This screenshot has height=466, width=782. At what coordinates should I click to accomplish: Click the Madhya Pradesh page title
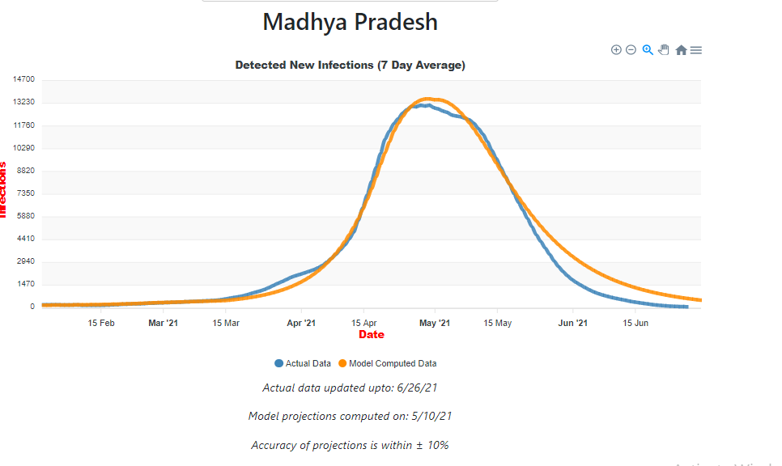click(x=350, y=23)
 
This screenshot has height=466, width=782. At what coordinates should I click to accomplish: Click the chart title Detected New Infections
click(x=350, y=65)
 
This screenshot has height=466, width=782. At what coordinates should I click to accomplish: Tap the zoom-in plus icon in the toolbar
click(x=616, y=50)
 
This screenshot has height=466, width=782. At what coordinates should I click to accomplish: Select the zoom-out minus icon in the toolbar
click(x=631, y=50)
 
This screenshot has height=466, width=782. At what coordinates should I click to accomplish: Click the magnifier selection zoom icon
click(x=648, y=50)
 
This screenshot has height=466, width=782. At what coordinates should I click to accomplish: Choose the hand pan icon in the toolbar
click(x=664, y=50)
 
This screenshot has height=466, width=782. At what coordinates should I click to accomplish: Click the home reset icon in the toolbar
click(x=681, y=50)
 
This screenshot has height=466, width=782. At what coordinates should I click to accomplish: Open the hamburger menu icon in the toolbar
click(x=696, y=50)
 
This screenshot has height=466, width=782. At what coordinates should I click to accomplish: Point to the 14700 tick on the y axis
click(x=23, y=79)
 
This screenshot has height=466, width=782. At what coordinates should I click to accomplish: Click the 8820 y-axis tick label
click(x=26, y=171)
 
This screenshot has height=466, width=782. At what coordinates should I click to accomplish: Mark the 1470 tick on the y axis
click(x=26, y=284)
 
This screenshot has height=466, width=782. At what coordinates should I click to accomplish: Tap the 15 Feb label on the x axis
click(x=101, y=324)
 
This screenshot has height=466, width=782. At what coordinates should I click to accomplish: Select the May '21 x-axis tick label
click(x=435, y=324)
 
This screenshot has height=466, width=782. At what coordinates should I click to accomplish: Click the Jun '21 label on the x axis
click(x=573, y=324)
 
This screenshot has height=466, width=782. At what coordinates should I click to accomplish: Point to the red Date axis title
click(x=372, y=335)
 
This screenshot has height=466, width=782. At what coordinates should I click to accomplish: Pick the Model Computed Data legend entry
click(x=393, y=364)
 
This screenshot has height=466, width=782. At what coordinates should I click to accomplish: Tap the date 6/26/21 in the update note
click(x=418, y=388)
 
